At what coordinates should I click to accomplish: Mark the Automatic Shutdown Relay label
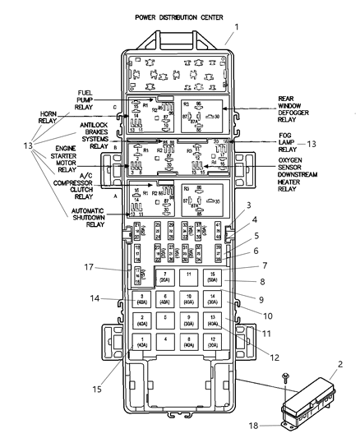(x=85, y=218)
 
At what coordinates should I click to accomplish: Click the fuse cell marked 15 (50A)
(x=212, y=277)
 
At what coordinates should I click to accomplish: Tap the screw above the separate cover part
(x=284, y=377)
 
